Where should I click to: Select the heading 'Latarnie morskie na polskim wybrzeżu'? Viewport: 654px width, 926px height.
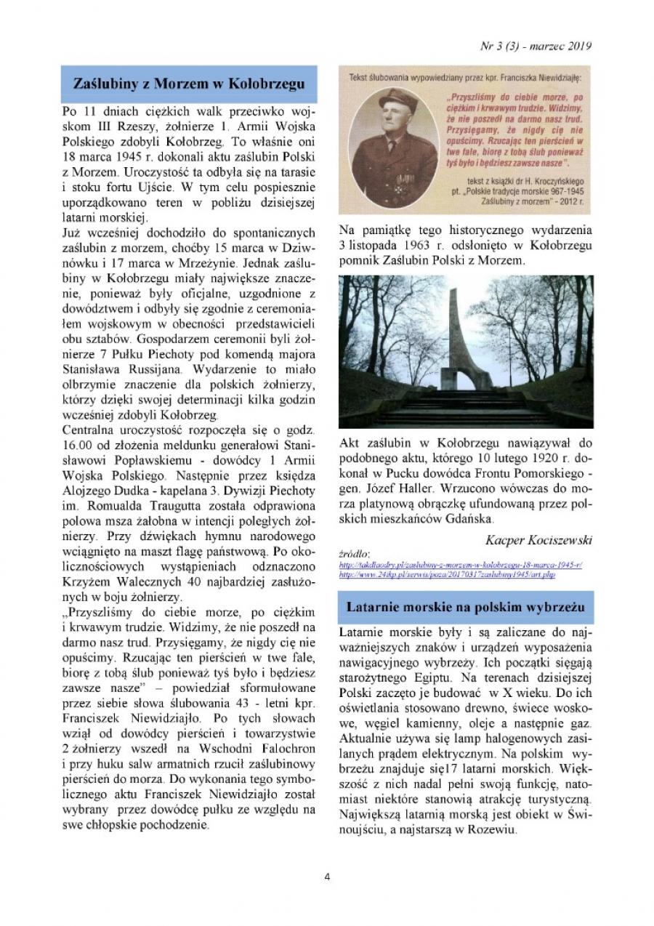[x=466, y=605]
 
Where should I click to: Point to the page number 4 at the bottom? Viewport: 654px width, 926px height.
[x=327, y=877]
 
